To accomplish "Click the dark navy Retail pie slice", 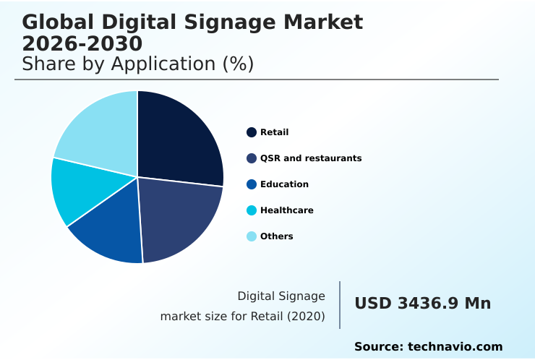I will coord(181,141).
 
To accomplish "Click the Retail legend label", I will coord(274,132).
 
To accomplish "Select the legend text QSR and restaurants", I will coord(311,158).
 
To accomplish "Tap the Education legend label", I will coord(284,184).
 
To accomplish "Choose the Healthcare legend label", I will coord(286,210).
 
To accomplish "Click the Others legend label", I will coord(276,236).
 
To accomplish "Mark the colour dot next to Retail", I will coord(252,132).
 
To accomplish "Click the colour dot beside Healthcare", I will coord(252,210).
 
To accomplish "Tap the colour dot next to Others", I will coord(252,236).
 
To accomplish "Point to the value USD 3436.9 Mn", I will coord(422,304).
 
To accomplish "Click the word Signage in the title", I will coord(210,22).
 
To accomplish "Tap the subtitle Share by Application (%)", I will coord(137,64).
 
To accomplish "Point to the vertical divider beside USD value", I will coord(340,305).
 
